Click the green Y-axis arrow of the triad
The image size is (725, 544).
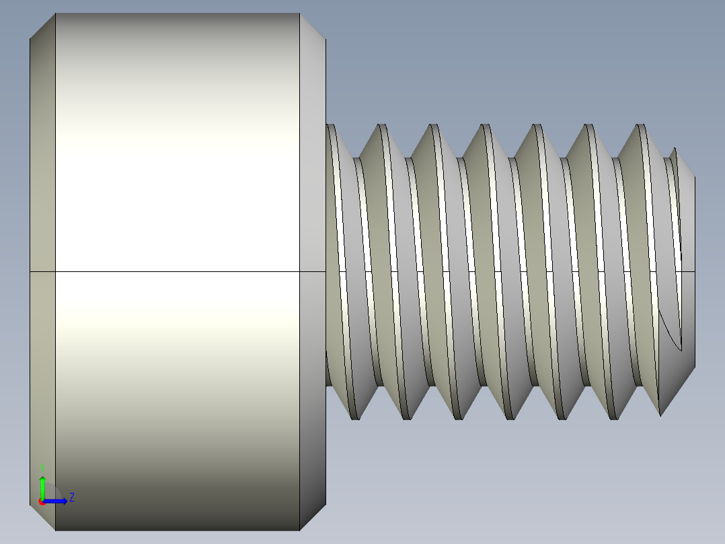(42, 485)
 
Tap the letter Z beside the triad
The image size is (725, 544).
(71, 498)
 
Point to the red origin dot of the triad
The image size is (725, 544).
(42, 501)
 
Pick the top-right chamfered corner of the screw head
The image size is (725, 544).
(312, 26)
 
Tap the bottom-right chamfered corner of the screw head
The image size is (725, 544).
(312, 516)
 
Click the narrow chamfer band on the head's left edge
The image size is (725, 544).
(42, 202)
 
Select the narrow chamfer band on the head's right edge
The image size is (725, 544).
(313, 202)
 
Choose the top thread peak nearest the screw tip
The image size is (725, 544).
(640, 126)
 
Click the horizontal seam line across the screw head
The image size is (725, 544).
(175, 272)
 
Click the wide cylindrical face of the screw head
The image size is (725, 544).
(175, 168)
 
